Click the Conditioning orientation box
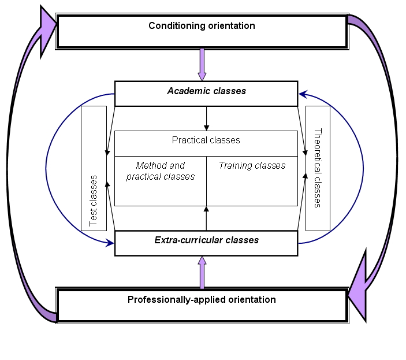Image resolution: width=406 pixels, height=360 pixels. click(202, 31)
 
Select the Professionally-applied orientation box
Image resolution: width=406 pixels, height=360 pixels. click(202, 305)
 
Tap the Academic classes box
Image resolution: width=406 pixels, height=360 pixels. click(206, 94)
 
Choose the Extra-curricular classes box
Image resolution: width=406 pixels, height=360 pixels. click(206, 243)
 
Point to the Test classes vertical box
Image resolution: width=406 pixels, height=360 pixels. click(94, 168)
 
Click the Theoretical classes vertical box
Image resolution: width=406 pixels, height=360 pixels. click(317, 168)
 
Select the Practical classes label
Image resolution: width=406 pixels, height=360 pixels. click(206, 140)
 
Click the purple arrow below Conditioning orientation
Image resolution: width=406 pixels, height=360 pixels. click(202, 65)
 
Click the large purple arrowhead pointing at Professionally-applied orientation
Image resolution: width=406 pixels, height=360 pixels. click(359, 284)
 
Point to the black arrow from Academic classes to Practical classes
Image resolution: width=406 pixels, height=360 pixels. click(206, 119)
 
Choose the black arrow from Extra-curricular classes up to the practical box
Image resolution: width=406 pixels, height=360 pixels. click(206, 218)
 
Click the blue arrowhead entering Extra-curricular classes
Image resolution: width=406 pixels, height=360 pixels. click(110, 243)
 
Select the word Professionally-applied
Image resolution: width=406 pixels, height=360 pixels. click(173, 299)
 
